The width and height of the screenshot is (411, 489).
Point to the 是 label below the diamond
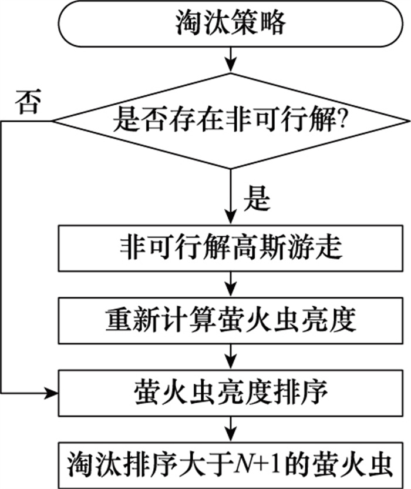click(x=256, y=200)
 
